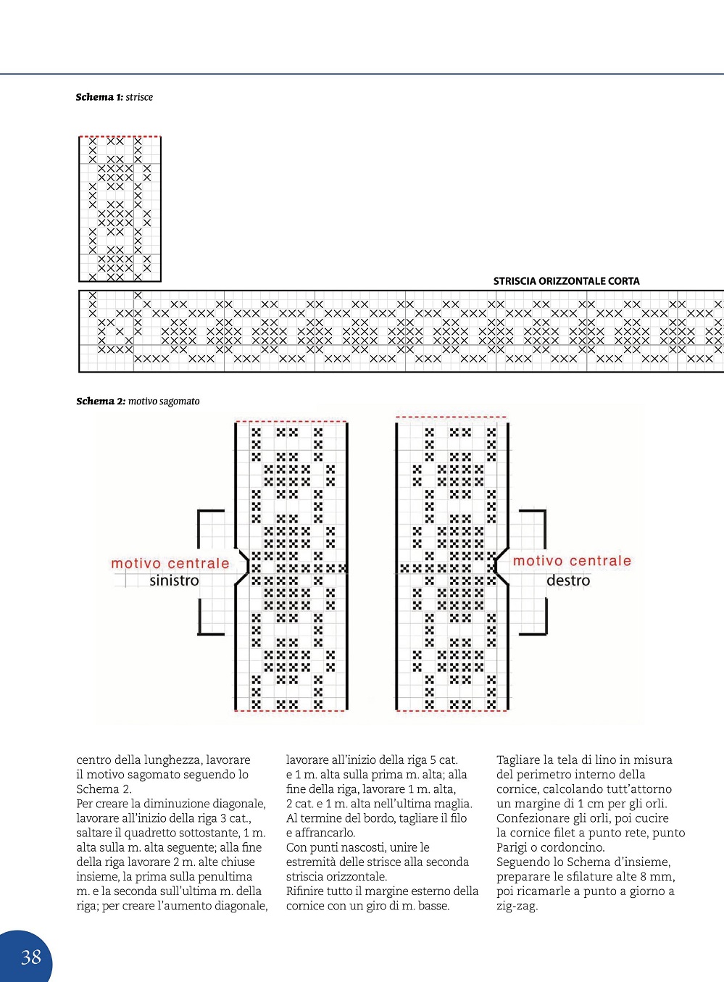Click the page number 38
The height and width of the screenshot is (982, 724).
31,957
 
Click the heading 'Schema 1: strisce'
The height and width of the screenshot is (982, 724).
114,97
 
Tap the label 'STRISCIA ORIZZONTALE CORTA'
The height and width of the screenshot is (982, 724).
566,281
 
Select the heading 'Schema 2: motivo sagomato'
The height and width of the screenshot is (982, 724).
138,401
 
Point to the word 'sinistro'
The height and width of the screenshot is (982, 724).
174,581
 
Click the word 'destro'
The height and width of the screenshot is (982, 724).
568,581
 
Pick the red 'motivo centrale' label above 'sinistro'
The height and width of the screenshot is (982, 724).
170,563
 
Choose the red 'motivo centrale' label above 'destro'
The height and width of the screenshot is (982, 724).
572,561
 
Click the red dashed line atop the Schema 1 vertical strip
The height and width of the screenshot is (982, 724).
120,136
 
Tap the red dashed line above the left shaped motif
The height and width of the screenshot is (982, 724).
291,421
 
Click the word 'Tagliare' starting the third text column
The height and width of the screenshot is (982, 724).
519,760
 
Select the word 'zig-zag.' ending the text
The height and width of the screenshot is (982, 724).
517,906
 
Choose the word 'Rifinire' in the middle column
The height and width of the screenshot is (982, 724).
307,891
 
